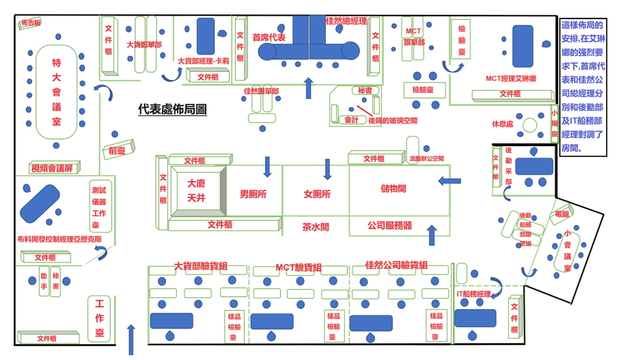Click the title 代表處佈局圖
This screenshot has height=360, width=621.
[171, 109]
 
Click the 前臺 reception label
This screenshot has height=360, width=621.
[116, 151]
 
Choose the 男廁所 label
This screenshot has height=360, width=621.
[253, 194]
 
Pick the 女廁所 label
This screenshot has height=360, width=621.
[317, 194]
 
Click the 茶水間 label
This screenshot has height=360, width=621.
[316, 226]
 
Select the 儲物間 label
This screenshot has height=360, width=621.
[394, 188]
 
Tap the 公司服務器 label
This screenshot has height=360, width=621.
[389, 225]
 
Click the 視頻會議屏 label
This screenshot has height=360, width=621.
[55, 168]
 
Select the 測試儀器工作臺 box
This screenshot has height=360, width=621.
[99, 206]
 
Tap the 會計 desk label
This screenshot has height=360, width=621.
[352, 120]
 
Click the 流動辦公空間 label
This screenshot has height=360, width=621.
[426, 158]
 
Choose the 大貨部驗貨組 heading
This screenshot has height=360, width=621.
[200, 266]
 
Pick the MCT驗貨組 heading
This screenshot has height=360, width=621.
[299, 267]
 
